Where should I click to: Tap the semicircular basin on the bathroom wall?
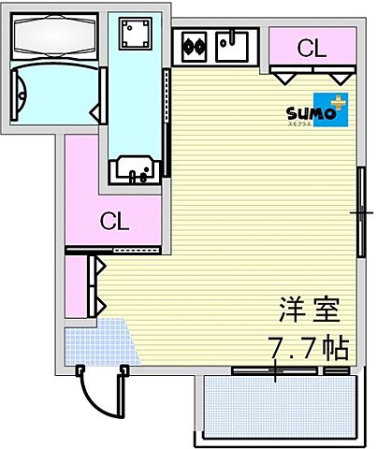[x=22, y=93]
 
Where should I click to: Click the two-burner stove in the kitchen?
[x=195, y=43]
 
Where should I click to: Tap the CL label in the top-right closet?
[x=312, y=47]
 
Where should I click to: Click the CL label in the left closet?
[x=114, y=222]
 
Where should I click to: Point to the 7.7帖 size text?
[x=308, y=347]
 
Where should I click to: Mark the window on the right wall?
[x=361, y=212]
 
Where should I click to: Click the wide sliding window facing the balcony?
[x=277, y=371]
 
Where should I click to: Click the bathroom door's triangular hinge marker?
[x=95, y=114]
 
